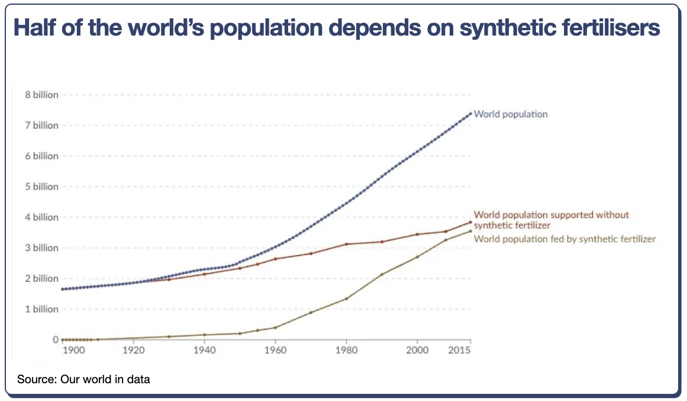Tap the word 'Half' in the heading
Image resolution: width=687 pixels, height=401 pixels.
[36, 28]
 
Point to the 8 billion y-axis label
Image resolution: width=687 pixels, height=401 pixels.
[41, 95]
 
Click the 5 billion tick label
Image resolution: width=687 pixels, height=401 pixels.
[41, 187]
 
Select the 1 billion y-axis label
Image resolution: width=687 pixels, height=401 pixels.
[41, 309]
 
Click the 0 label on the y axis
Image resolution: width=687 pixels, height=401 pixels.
[56, 340]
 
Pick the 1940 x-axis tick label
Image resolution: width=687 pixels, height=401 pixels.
[204, 351]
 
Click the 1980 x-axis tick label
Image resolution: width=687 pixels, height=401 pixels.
[346, 351]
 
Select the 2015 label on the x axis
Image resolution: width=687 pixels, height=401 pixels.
[459, 351]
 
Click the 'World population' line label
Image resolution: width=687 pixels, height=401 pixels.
[511, 114]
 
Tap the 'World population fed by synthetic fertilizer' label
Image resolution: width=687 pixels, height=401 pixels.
[565, 239]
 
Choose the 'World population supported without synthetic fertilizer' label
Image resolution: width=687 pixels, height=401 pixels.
[551, 220]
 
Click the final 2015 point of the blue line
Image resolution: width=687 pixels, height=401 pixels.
[470, 114]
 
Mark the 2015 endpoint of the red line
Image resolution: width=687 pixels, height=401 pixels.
[470, 222]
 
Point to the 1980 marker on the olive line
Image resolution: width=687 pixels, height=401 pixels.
[346, 299]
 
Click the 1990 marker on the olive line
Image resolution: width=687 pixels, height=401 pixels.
[382, 274]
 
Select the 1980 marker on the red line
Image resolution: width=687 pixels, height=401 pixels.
[346, 244]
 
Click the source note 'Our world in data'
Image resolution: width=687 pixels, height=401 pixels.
[105, 379]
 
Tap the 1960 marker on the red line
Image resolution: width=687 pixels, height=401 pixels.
[275, 259]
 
